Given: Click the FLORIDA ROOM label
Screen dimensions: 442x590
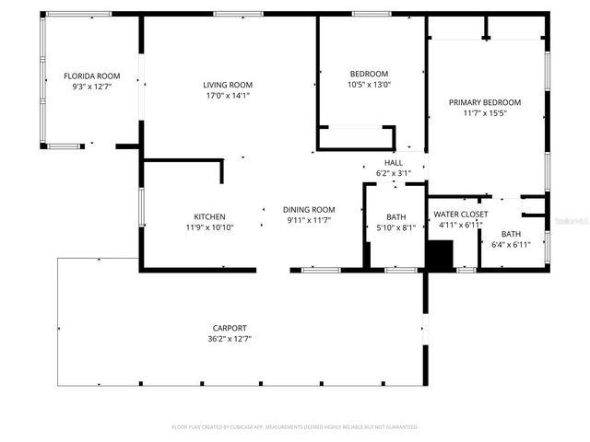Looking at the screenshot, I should [91, 76].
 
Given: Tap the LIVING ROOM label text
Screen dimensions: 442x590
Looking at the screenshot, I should [228, 85].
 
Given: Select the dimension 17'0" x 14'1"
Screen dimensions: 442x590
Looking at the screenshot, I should [228, 95].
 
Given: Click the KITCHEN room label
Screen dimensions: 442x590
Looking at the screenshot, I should [209, 217].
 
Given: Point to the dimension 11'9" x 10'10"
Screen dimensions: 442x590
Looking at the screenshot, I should [209, 227].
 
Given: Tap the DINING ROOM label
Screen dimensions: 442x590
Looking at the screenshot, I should [309, 210].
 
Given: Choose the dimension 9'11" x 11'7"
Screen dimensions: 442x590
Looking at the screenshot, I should [309, 220].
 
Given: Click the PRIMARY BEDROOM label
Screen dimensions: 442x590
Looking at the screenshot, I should [485, 102].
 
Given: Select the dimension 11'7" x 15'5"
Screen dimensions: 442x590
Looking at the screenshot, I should [485, 113].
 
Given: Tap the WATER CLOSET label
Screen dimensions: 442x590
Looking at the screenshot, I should [461, 214].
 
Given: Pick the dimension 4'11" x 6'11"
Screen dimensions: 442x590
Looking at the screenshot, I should [461, 224].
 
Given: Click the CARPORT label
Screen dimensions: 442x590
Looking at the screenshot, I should [230, 328].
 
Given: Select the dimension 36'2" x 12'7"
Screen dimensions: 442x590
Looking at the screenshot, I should [230, 338].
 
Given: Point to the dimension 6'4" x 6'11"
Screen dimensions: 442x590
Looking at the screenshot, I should [511, 244].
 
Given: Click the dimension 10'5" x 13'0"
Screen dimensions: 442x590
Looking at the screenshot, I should [369, 84].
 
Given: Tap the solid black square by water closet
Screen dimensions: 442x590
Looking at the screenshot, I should [442, 254].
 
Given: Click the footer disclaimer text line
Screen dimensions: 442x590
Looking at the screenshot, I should [295, 427].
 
